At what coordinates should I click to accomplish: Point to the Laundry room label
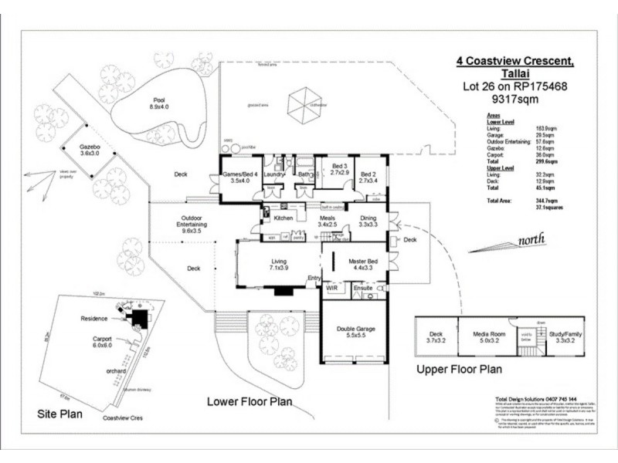(274, 175)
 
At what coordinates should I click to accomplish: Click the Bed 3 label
(341, 167)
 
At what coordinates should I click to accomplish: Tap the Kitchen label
(284, 218)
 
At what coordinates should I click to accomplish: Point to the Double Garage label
(356, 330)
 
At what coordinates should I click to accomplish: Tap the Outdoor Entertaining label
(192, 223)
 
